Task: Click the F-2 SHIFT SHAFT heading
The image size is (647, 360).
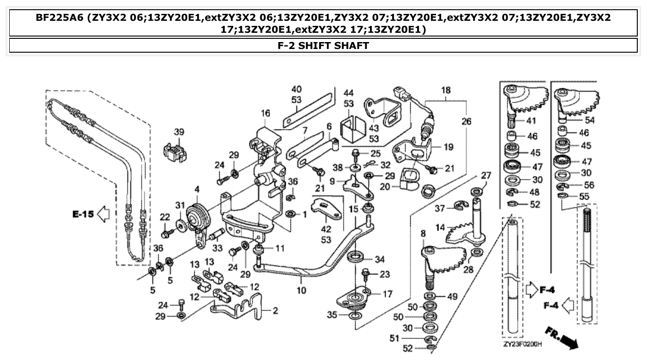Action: tap(323, 45)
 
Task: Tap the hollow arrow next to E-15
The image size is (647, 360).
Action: tap(104, 214)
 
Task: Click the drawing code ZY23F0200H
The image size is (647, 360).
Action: tap(522, 344)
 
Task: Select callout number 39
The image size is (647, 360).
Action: tap(179, 132)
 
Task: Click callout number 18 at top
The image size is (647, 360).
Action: tap(446, 91)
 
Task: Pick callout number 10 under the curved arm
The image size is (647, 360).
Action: tap(301, 291)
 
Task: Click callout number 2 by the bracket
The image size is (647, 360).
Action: tap(275, 311)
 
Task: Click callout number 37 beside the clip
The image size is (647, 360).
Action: tap(439, 209)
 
